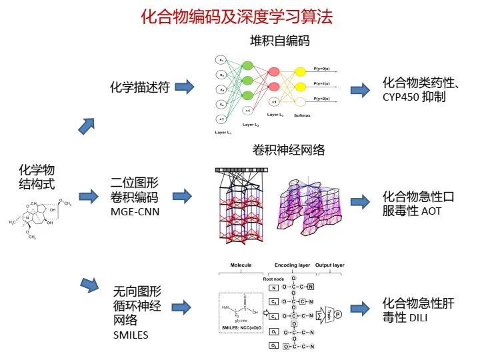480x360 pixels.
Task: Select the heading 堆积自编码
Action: coord(280,41)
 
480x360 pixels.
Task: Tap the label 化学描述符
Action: coord(139,87)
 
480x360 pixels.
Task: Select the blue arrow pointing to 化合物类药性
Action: coord(360,89)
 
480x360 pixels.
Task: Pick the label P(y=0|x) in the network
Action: coord(326,69)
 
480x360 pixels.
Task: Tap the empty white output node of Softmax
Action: coord(301,101)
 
